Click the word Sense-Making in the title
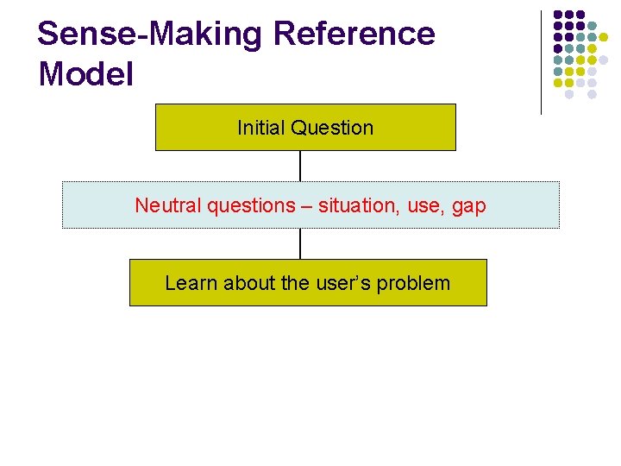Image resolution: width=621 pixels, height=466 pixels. point(150,35)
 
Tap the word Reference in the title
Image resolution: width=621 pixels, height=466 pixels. point(354,35)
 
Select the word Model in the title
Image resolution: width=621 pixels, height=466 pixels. point(86,74)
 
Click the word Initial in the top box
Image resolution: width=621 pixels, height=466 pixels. point(260,128)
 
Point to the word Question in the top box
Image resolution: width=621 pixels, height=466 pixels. point(332,128)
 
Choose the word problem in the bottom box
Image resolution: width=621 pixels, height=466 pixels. point(417,283)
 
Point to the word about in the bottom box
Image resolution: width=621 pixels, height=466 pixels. point(250,283)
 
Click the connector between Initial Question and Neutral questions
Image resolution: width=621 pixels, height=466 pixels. point(300,166)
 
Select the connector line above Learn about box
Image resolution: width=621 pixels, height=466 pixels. point(300,243)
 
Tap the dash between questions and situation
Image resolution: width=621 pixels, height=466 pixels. point(306,206)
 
